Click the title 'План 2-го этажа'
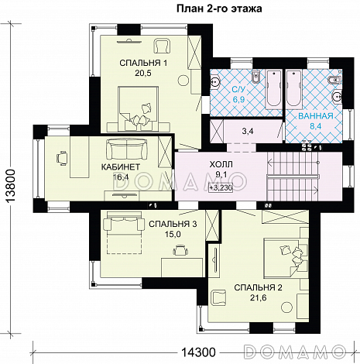point(219,9)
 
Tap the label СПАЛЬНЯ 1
point(143,63)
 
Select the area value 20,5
point(143,74)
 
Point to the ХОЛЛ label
point(221,164)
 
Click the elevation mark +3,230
point(221,187)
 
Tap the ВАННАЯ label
point(316,116)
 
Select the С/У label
point(238,90)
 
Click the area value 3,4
point(248,131)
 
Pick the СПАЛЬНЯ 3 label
point(173,224)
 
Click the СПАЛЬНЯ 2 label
point(258,287)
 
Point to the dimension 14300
point(198,352)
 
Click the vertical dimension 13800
point(11,187)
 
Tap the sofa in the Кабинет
point(126,149)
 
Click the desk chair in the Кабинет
point(62,157)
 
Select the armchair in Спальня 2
point(219,297)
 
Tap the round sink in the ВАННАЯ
point(338,96)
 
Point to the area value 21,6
point(258,298)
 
